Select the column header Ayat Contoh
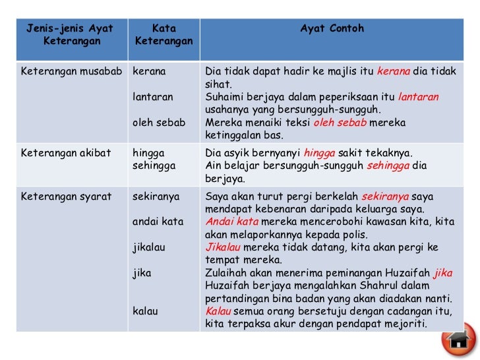pyautogui.click(x=332, y=29)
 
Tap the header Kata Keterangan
pyautogui.click(x=164, y=35)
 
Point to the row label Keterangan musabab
pyautogui.click(x=71, y=71)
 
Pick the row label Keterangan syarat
pyautogui.click(x=65, y=196)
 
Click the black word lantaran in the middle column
pyautogui.click(x=153, y=97)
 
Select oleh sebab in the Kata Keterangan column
pyautogui.click(x=159, y=123)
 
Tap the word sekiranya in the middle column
pyautogui.click(x=155, y=196)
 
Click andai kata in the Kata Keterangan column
pyautogui.click(x=158, y=222)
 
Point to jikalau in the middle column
pyautogui.click(x=149, y=247)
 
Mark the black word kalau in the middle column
pyautogui.click(x=145, y=311)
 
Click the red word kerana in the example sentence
pyautogui.click(x=394, y=71)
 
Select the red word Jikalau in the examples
pyautogui.click(x=223, y=247)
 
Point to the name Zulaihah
pyautogui.click(x=227, y=272)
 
